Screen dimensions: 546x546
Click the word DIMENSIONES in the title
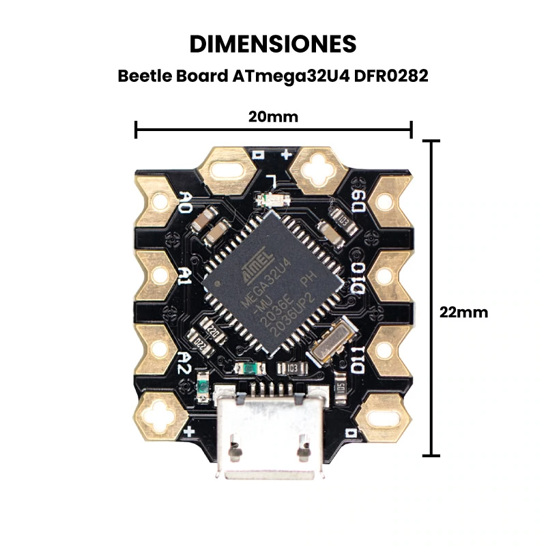coord(272,44)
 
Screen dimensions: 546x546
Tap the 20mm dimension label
coord(273,117)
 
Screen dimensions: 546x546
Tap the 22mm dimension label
coord(464,312)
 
